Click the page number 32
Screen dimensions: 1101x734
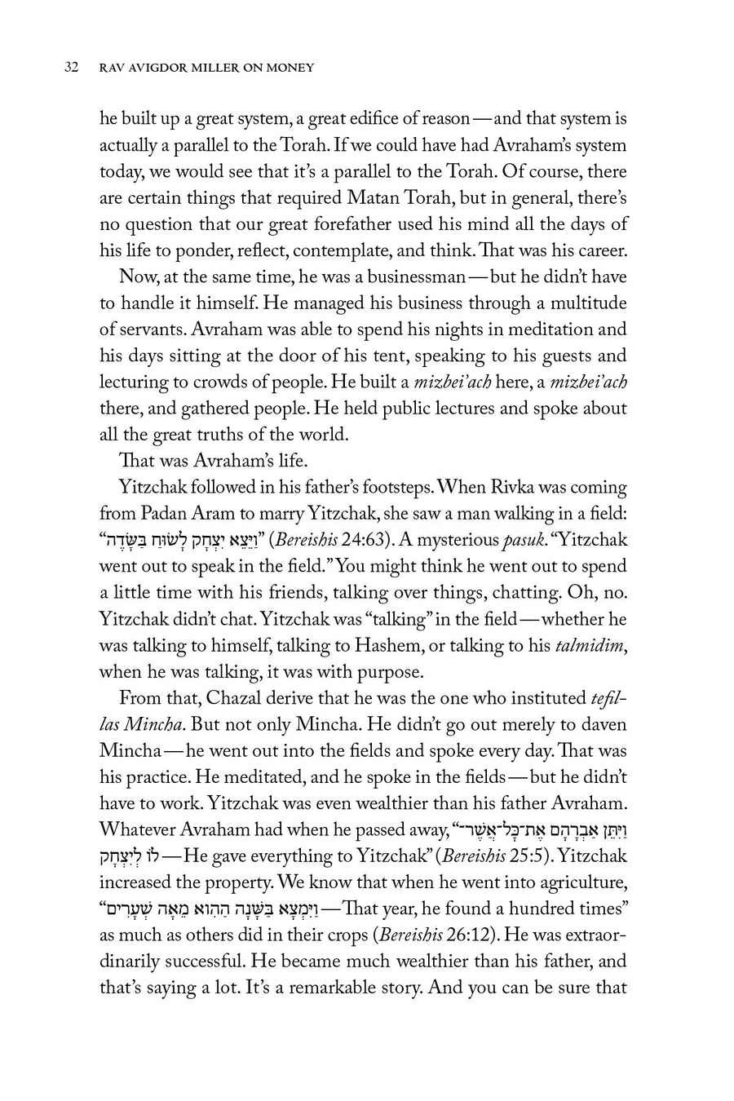coord(70,69)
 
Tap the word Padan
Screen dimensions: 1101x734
coord(161,515)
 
